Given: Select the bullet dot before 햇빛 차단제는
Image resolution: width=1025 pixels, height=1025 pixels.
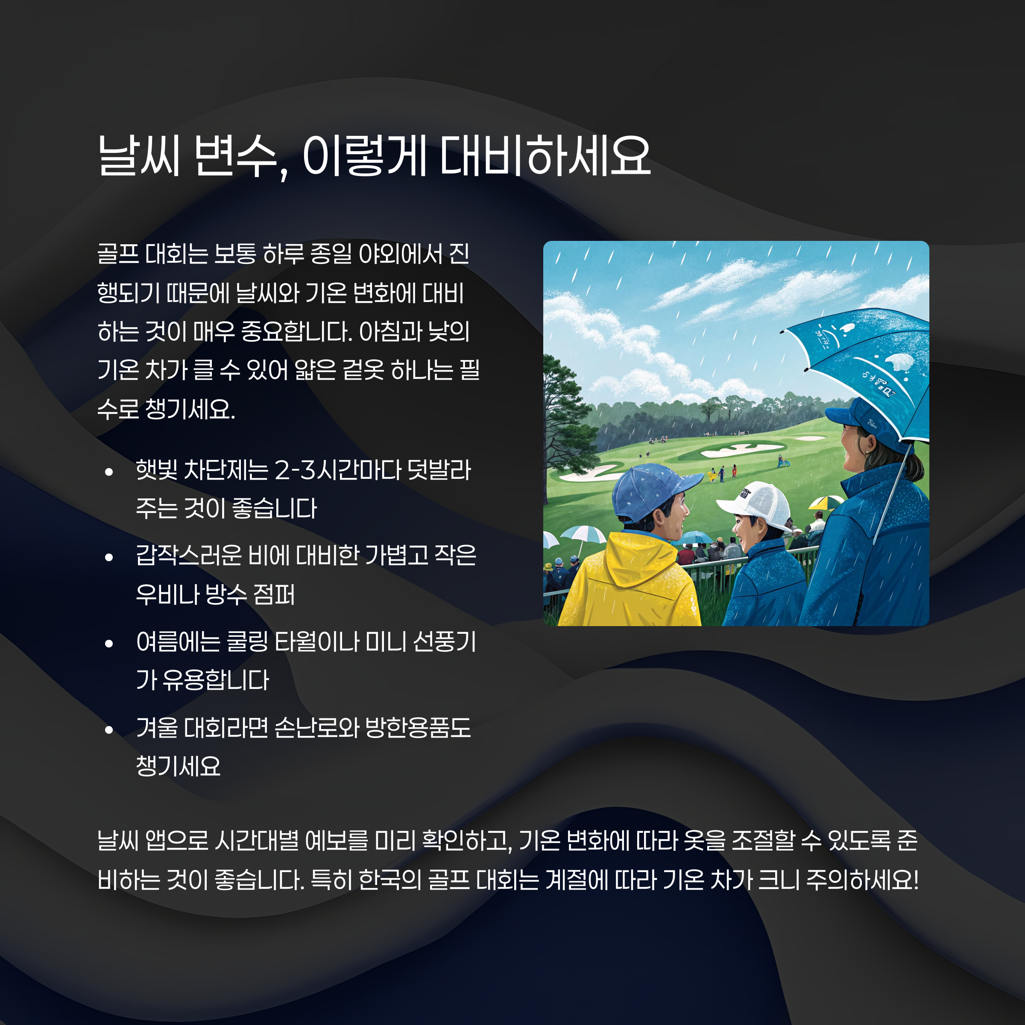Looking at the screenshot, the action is tap(109, 471).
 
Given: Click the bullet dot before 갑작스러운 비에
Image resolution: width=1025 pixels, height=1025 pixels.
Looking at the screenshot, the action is tap(109, 557).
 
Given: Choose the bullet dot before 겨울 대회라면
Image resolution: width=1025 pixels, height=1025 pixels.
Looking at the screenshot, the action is tap(109, 729).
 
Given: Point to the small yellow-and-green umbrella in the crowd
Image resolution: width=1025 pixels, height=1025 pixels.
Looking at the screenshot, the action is tap(826, 501).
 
